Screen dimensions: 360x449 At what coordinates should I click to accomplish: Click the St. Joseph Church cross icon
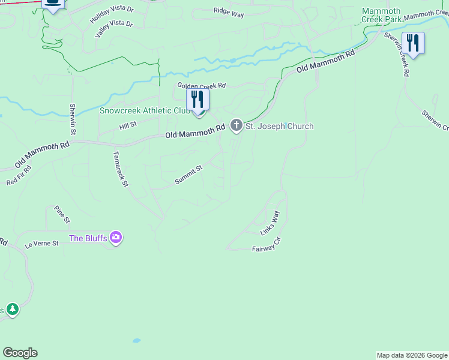237,126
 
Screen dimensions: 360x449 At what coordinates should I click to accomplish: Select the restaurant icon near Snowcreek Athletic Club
198,100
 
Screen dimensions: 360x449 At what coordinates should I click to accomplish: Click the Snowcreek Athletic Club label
145,110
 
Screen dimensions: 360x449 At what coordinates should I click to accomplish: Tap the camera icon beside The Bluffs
116,238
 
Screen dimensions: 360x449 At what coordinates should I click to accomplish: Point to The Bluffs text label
88,238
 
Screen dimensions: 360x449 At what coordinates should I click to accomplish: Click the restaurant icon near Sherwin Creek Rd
413,43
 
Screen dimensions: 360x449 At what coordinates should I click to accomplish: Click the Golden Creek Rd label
201,86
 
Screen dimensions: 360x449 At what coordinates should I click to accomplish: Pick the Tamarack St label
121,169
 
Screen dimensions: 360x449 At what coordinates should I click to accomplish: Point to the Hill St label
128,124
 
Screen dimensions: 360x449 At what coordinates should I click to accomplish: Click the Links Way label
270,222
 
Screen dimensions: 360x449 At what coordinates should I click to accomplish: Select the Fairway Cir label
267,244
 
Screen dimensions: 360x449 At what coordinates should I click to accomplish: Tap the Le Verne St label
41,244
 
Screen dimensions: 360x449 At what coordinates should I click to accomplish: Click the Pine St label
62,213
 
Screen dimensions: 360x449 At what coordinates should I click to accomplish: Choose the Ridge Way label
229,11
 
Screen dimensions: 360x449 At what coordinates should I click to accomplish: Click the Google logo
20,353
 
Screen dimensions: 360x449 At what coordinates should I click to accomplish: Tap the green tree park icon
13,310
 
